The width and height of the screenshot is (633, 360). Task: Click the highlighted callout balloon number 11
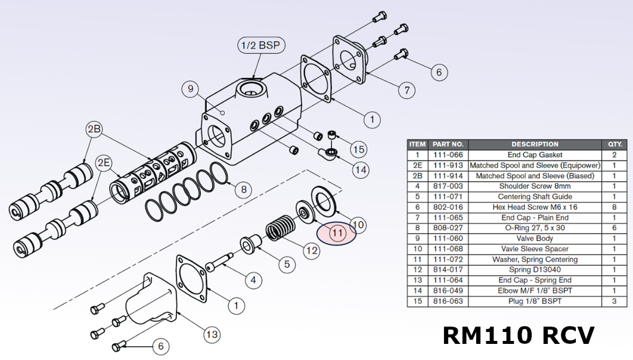point(337,232)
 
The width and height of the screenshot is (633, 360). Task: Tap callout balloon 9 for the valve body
point(190,89)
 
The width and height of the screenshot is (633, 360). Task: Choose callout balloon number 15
point(358,149)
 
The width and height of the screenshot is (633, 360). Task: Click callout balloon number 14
point(360,170)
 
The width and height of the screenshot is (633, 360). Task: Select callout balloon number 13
point(212,334)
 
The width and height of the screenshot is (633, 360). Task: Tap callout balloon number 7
point(407,91)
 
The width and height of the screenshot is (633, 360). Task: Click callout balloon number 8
point(243,190)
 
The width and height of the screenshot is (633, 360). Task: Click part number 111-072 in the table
point(448,259)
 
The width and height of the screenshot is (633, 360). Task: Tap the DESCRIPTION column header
point(535,144)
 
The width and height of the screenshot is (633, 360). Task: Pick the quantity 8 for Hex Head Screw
point(614,207)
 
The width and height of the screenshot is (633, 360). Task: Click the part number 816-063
point(448,301)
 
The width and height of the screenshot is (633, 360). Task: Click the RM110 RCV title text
point(518,335)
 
